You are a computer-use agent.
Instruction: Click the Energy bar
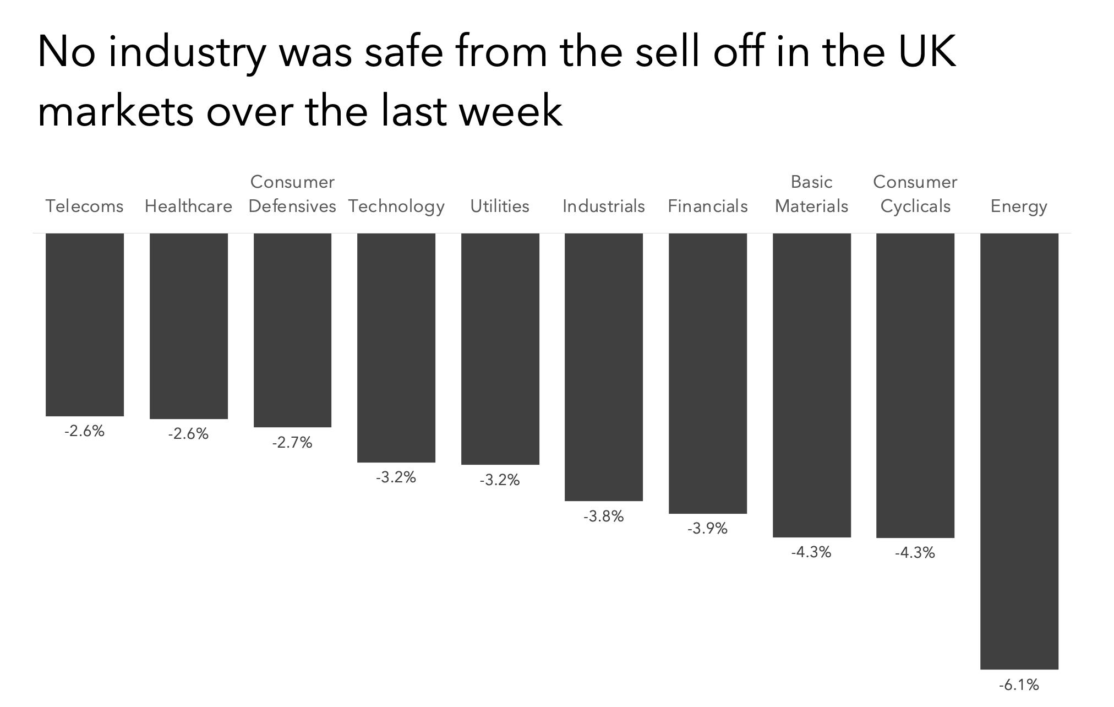click(1019, 451)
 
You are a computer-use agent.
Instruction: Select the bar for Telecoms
click(85, 324)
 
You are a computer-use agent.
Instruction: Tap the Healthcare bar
click(189, 326)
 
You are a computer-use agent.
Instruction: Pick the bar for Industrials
click(604, 367)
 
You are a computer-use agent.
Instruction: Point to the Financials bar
click(708, 373)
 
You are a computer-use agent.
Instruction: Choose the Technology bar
click(396, 347)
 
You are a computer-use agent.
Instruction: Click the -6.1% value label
click(1019, 685)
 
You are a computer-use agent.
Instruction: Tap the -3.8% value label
click(604, 516)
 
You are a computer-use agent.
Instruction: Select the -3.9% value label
click(707, 529)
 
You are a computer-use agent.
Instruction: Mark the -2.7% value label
click(292, 443)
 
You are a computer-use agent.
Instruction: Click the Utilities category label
click(500, 206)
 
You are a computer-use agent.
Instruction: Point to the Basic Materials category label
click(811, 194)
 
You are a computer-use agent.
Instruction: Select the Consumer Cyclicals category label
click(915, 194)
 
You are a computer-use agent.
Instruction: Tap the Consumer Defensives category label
click(292, 194)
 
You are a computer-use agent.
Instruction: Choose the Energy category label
click(1019, 206)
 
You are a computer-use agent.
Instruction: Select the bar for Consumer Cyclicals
click(915, 385)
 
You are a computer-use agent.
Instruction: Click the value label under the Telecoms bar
click(85, 431)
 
